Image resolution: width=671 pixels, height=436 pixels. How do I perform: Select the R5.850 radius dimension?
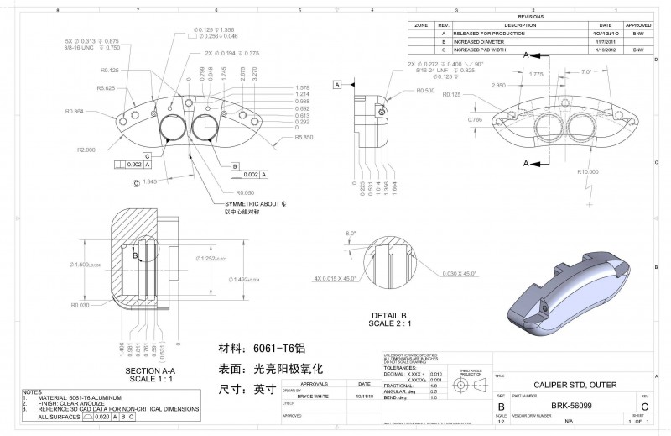(304, 136)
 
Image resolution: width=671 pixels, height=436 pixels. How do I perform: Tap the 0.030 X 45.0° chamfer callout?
(461, 274)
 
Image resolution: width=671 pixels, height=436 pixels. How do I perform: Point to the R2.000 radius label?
(86, 150)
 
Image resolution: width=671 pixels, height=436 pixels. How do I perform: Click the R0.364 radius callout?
(74, 111)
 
